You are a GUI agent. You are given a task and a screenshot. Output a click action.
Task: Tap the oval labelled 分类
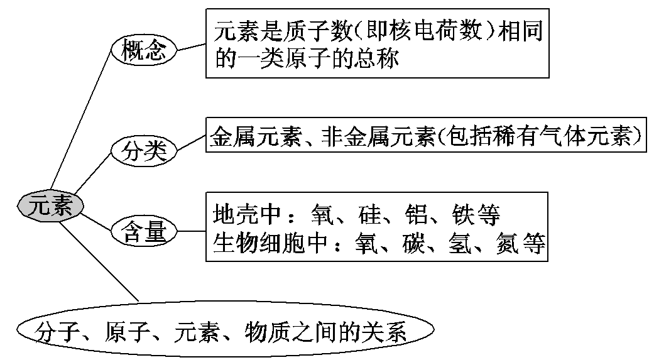pos(143,151)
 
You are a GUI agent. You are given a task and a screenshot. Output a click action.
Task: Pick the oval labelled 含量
pos(143,232)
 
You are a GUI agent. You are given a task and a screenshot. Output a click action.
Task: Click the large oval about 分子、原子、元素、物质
pos(226,331)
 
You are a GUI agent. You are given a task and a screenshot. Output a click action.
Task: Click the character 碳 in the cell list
pos(415,243)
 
